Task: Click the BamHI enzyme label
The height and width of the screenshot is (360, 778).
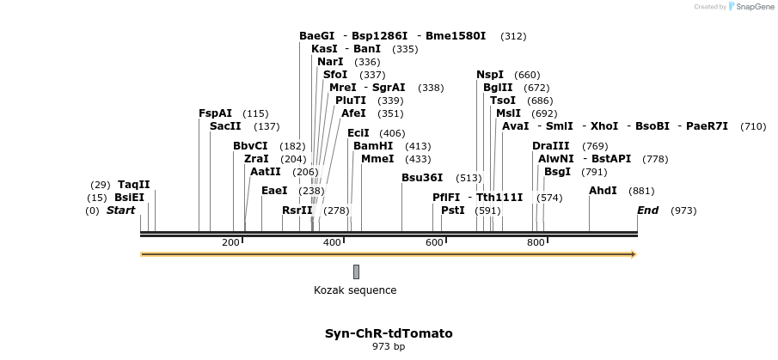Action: (373, 146)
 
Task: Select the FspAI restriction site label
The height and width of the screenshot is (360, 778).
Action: (215, 113)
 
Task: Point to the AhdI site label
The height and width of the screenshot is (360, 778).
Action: (603, 191)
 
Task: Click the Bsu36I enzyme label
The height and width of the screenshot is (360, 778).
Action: (422, 178)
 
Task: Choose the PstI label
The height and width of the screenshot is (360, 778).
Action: (452, 211)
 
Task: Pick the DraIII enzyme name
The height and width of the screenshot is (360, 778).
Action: (551, 146)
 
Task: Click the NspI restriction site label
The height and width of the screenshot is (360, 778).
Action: (490, 75)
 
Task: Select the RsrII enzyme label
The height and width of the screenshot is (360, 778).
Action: (297, 211)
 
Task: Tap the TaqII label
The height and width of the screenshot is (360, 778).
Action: (134, 185)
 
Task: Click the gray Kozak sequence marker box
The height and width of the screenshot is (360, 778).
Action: (356, 272)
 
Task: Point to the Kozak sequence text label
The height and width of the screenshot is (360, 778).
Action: (355, 290)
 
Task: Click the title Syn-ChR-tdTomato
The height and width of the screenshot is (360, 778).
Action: (389, 333)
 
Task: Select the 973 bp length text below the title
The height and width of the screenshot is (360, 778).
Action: (389, 347)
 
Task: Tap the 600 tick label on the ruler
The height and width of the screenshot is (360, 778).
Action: (434, 243)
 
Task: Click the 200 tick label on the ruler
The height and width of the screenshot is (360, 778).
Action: (230, 243)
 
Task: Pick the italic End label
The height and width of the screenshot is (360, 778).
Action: (647, 211)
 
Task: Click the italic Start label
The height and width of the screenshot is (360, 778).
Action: (121, 211)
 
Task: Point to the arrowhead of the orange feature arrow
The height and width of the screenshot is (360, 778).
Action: (633, 254)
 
